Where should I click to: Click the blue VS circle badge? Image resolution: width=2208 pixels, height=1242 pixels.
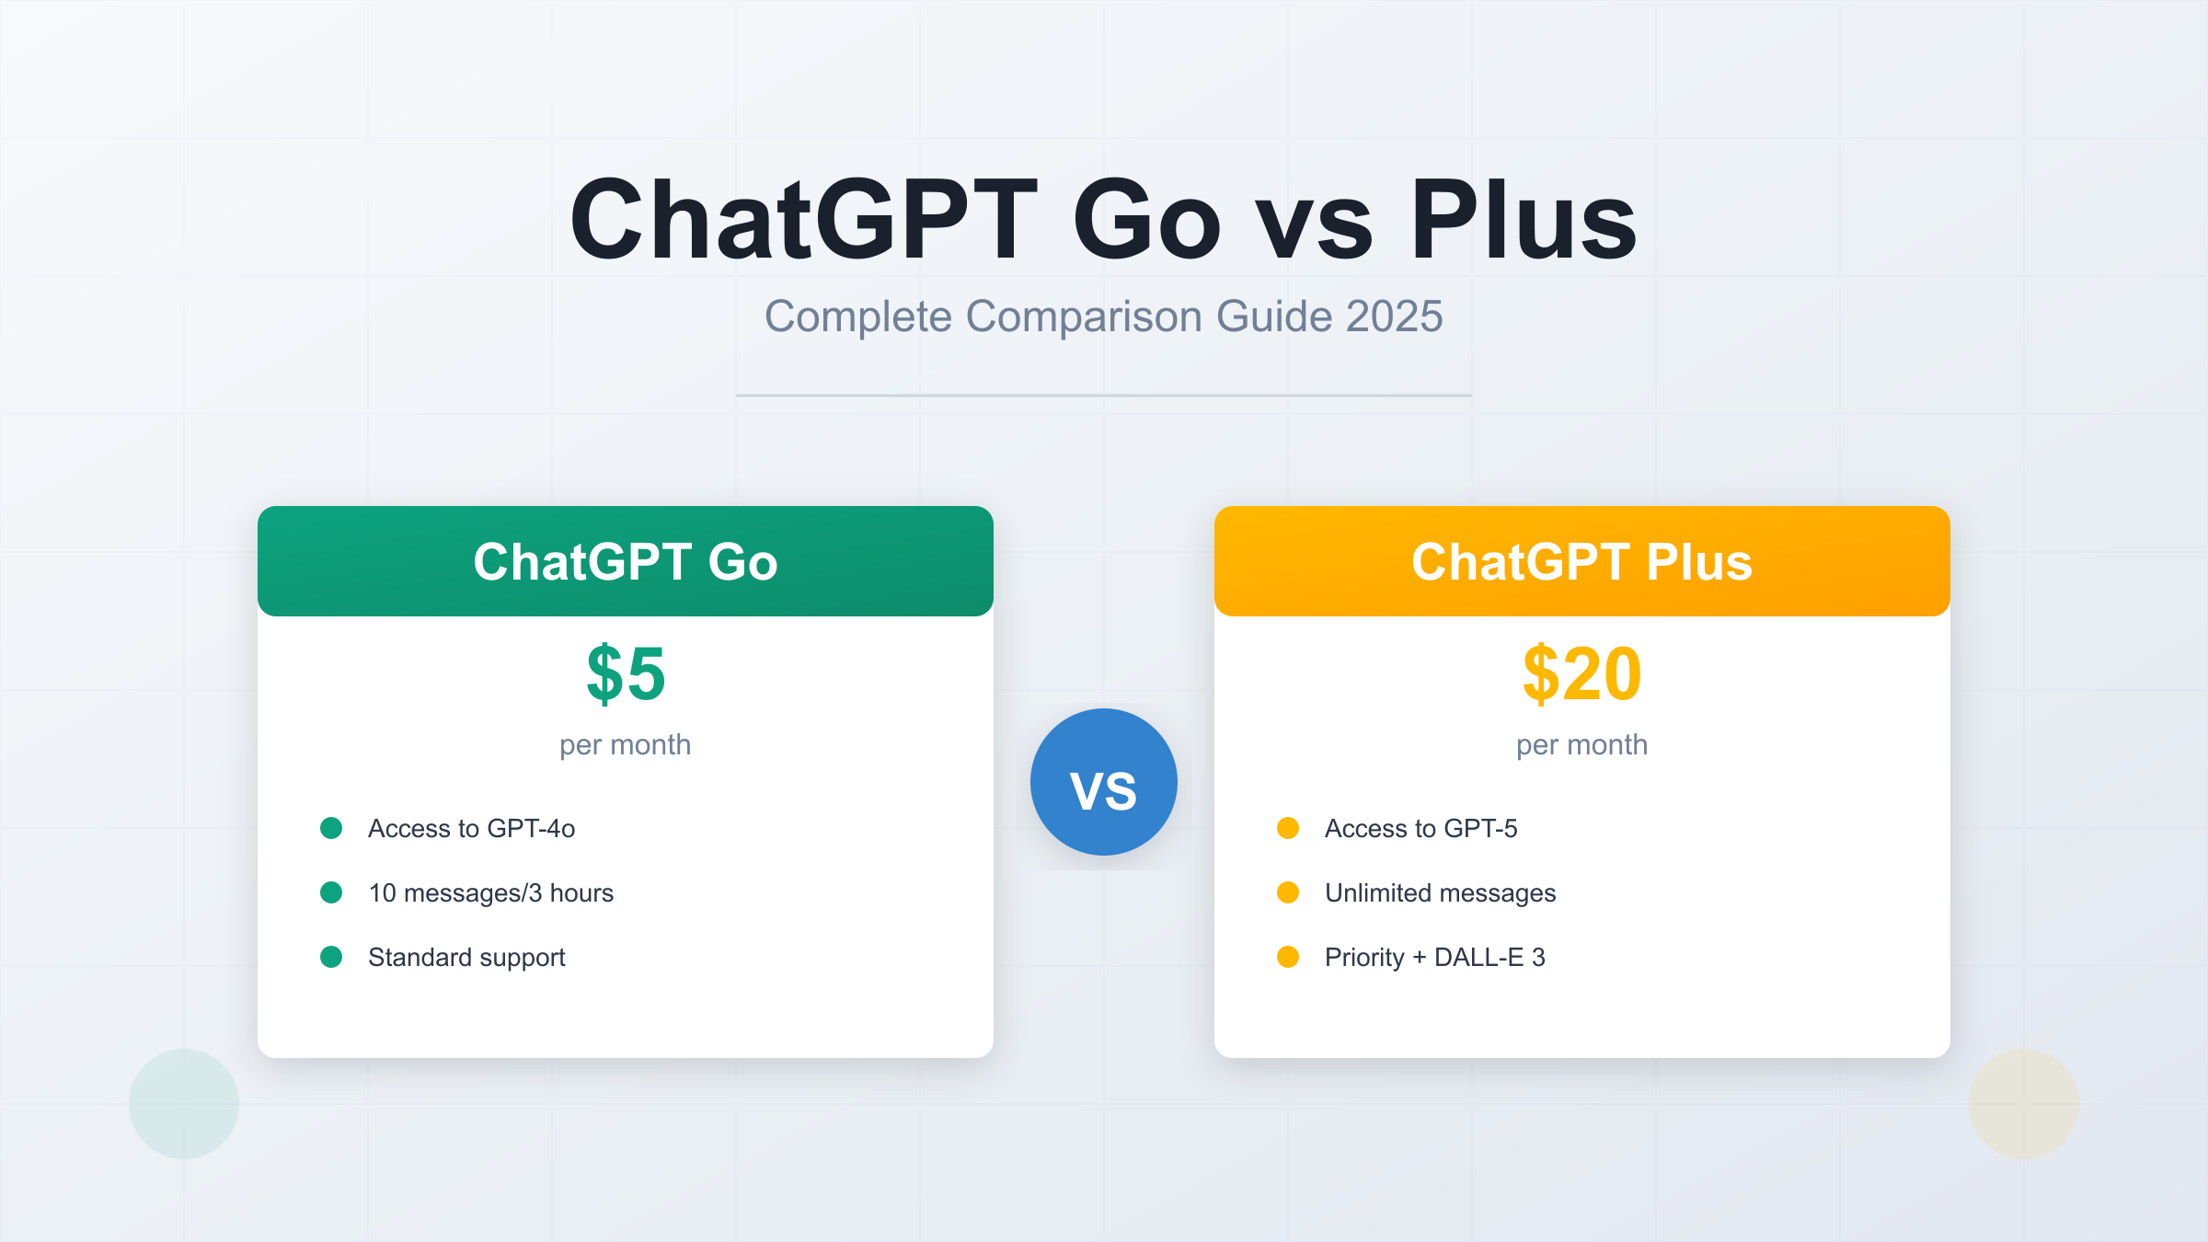coord(1103,782)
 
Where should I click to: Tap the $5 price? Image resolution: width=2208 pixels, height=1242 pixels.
coord(626,674)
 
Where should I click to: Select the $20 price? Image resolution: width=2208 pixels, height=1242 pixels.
coord(1581,674)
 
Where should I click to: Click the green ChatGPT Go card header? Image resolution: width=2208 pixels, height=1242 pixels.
coord(626,561)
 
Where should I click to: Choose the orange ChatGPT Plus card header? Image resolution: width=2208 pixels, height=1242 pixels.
coord(1581,561)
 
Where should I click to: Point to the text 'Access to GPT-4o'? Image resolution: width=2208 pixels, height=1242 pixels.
coord(471,828)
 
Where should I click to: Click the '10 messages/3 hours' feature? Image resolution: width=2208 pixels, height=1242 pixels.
coord(490,892)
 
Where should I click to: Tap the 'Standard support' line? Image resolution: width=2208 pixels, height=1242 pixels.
coord(466,957)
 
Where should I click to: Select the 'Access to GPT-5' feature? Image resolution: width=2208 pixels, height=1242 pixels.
coord(1420,828)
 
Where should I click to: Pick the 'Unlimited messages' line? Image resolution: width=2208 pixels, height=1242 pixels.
coord(1440,892)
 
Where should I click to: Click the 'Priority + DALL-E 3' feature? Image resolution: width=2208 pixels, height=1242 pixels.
coord(1434,957)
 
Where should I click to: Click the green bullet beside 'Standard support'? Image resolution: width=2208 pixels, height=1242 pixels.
coord(331,957)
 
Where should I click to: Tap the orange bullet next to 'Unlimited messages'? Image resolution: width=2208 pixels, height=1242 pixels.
coord(1288,892)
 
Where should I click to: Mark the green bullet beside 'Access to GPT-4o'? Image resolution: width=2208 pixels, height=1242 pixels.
coord(331,828)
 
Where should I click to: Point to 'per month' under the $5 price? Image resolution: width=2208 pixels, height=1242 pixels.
coord(626,744)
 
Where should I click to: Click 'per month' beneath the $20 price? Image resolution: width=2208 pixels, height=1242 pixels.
coord(1581,744)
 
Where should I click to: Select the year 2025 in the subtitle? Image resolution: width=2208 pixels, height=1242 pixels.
coord(1394,316)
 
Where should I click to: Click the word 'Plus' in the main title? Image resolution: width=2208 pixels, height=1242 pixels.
coord(1523,221)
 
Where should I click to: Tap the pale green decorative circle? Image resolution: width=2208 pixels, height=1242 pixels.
coord(184,1104)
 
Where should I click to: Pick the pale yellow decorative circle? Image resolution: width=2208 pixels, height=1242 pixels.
coord(2024,1104)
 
